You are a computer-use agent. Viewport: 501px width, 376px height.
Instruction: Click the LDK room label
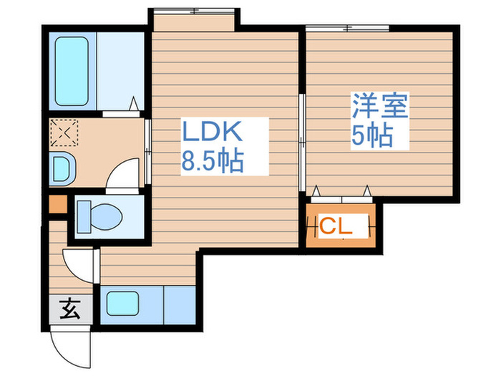(213, 133)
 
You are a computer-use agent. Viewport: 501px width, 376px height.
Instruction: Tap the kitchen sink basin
(122, 304)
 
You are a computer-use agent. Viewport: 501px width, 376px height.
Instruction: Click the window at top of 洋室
(348, 28)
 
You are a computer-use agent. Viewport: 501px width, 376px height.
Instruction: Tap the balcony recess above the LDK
(193, 20)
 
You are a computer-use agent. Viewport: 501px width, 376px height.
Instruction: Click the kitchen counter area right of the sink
(178, 304)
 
